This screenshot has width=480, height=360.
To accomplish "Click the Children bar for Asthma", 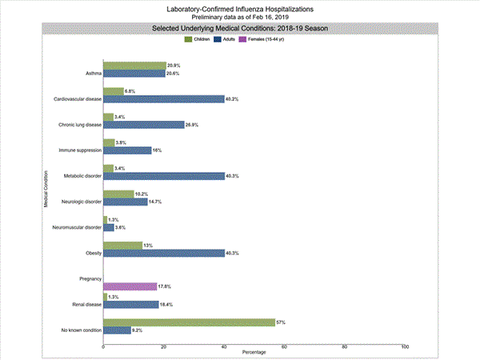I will (134, 66).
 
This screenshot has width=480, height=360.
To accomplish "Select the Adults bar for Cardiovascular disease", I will (164, 99).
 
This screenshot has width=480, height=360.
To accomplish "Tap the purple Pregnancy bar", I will (130, 286).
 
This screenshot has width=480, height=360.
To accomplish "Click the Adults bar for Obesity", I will (164, 254).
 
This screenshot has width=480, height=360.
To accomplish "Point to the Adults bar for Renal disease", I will (131, 304).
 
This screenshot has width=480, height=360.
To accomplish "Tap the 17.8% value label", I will (166, 286).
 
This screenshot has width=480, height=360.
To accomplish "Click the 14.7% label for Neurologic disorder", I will (156, 202).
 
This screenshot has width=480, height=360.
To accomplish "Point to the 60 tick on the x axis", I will (285, 346).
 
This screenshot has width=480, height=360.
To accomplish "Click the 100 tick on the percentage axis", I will (405, 346).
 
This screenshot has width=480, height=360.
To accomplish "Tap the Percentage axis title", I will (254, 353).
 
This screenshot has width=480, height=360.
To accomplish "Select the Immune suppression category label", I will (80, 150).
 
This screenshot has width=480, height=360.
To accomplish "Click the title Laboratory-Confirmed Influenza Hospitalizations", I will (240, 9).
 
